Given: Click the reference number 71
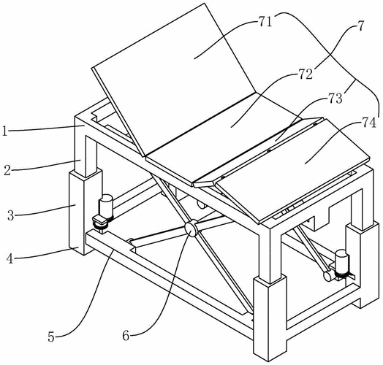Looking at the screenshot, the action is (x=265, y=22).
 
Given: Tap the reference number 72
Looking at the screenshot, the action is (x=306, y=74).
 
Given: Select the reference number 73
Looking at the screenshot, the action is (x=335, y=99).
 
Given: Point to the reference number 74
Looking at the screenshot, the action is (x=368, y=123).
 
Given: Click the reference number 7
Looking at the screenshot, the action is (x=361, y=26).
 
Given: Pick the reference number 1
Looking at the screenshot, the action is (x=4, y=131).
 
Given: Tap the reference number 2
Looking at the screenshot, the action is (x=7, y=171).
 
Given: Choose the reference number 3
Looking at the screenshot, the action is (x=11, y=215).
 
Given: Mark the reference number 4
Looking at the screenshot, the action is (x=10, y=258).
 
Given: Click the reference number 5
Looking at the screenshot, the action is (x=51, y=337).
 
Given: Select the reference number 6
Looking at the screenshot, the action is (x=126, y=336).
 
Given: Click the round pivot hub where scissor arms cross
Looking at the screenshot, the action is (x=191, y=228).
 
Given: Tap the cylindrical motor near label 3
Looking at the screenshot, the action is (x=105, y=207).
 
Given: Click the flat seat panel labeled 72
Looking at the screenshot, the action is (x=224, y=139).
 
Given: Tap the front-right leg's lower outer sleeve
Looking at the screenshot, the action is (x=270, y=316).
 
